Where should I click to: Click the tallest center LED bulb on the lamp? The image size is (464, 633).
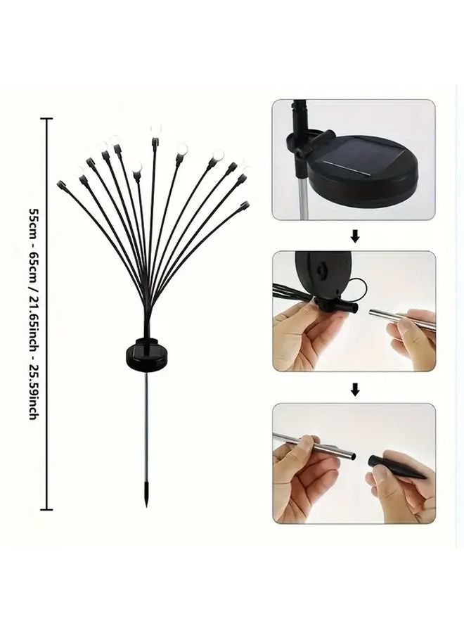point(155,130)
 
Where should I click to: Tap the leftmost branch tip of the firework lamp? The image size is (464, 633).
point(61,184)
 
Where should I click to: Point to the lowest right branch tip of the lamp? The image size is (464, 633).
point(245,204)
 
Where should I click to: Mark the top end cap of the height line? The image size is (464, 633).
point(48,120)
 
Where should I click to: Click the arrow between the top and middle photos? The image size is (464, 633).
point(355,238)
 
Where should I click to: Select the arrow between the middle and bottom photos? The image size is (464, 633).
point(355,389)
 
